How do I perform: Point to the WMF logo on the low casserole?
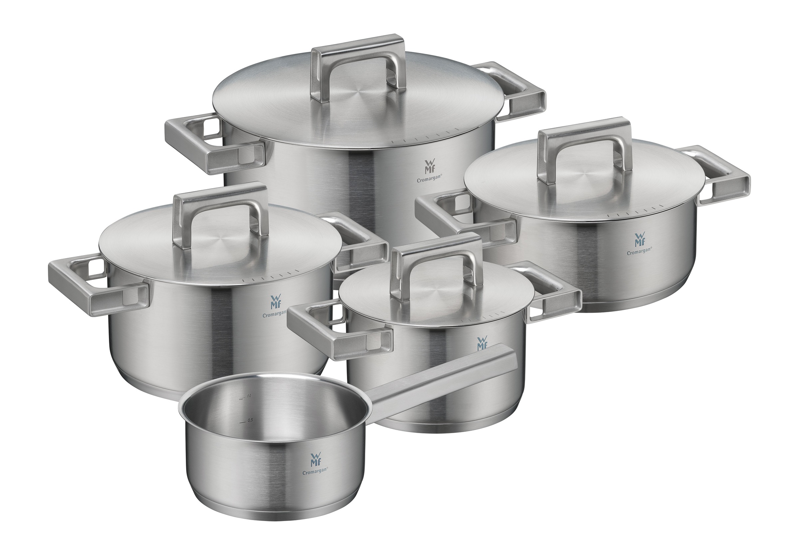click(639, 239)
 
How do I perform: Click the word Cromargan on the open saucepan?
click(315, 472)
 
